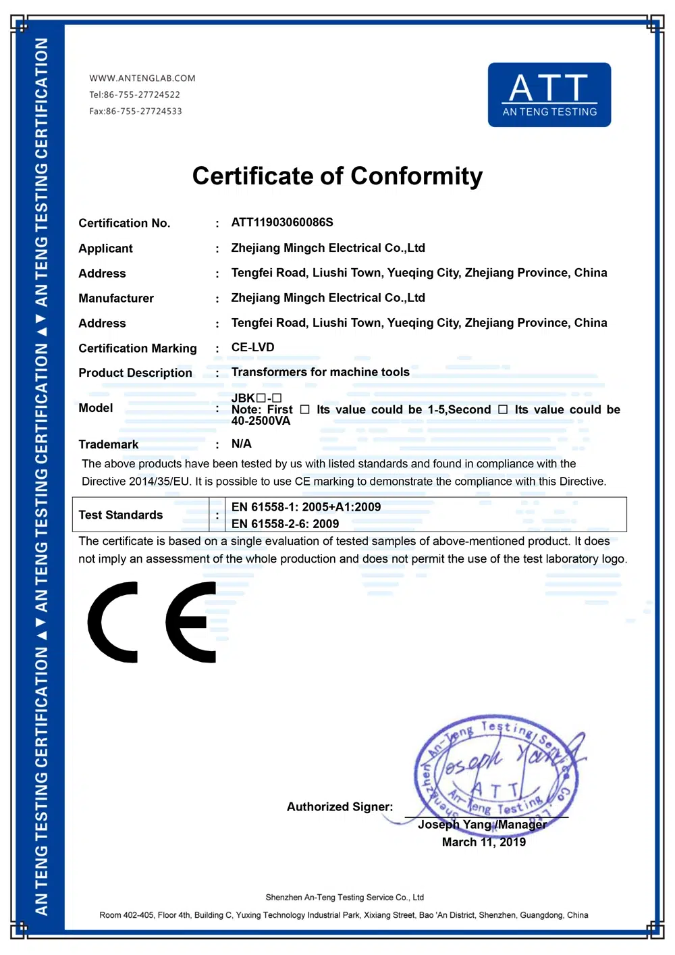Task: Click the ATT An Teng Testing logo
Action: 549,95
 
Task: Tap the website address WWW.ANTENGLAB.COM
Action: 142,78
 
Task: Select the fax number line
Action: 136,111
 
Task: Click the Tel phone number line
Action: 134,95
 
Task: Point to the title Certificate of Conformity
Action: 337,176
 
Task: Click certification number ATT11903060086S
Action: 282,222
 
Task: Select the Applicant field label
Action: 105,249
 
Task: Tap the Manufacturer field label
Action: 116,299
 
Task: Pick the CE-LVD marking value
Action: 252,348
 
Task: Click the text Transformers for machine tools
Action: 320,372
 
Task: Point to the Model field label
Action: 95,408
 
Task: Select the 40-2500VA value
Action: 261,421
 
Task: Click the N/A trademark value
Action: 241,444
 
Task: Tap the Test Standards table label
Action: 120,515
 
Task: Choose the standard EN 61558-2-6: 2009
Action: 285,524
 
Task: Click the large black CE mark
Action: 152,622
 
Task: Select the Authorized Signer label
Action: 340,807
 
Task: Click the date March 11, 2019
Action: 483,842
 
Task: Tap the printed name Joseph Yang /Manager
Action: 481,825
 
